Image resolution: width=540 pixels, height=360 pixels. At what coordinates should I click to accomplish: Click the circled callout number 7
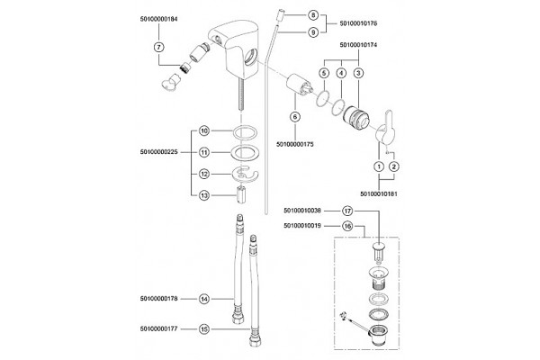point(158,47)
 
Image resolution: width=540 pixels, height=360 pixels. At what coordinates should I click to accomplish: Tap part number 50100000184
point(158,19)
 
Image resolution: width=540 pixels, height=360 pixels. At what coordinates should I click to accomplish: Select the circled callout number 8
point(312,15)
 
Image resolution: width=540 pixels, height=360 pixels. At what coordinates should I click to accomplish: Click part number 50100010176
point(358,23)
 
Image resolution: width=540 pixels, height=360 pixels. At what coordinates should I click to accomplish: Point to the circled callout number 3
point(358,73)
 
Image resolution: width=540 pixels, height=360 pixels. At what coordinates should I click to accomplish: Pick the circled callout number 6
point(295,117)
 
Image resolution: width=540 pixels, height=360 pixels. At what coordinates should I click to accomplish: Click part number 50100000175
point(295,144)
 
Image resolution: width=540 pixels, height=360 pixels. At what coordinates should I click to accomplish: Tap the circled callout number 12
point(204,175)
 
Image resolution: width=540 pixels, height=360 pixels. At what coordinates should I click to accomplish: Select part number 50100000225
point(158,152)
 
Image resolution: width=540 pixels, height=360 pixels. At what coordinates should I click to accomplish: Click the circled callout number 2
point(394,166)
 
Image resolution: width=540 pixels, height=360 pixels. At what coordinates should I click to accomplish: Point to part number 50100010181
point(379,194)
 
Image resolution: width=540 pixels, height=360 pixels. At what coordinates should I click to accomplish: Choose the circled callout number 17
point(347,211)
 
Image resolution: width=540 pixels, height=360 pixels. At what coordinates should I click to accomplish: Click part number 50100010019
point(302,226)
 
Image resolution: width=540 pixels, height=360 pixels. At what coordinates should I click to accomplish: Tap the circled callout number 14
point(204,299)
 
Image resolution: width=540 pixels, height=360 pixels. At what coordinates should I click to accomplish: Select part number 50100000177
point(158,329)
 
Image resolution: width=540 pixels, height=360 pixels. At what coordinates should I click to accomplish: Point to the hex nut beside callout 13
point(241,195)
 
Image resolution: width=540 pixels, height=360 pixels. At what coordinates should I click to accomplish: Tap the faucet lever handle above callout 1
point(385,130)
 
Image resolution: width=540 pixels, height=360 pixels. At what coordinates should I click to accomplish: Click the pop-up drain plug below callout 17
point(379,251)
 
